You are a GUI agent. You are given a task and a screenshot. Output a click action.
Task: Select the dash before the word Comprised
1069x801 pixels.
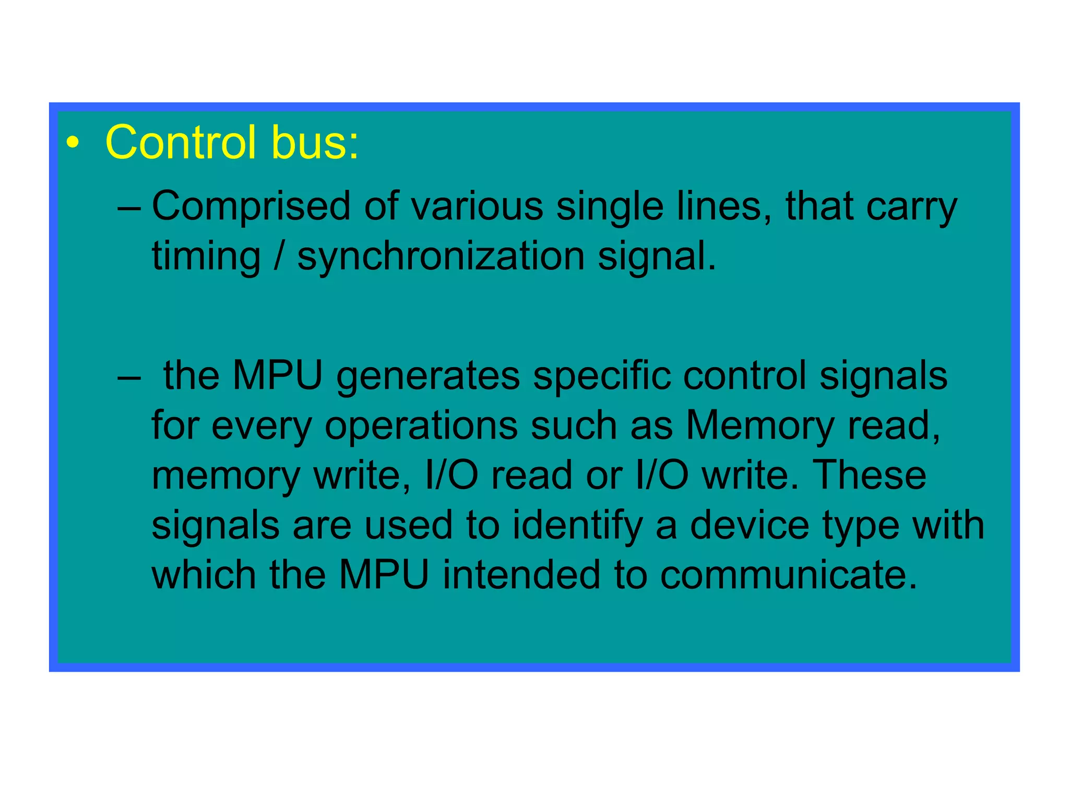tap(129, 208)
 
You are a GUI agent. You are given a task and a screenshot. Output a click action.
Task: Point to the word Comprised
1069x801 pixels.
tap(251, 207)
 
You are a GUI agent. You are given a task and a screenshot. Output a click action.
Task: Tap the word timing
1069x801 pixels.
tap(206, 257)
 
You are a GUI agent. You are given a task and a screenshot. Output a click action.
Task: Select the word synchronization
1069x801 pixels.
tap(441, 257)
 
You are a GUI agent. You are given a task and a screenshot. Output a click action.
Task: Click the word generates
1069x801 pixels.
tap(428, 377)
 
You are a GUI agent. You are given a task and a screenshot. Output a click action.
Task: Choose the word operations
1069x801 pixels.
tap(421, 427)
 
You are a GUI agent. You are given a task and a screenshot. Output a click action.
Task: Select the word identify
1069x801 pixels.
tap(577, 526)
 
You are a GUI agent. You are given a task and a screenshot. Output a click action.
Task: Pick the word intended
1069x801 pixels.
tap(521, 575)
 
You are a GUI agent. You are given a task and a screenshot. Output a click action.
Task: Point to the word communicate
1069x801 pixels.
tap(788, 575)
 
